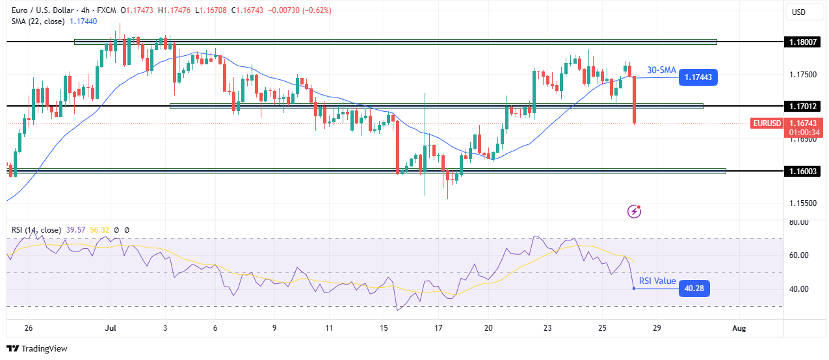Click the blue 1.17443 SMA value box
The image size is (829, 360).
(697, 77)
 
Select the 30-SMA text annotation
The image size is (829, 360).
(661, 70)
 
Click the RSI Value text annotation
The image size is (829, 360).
(657, 281)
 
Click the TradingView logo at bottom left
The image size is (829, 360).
(38, 349)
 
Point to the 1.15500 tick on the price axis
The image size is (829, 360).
(804, 203)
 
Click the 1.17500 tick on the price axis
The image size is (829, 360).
(804, 75)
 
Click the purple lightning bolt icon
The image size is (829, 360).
(635, 211)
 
